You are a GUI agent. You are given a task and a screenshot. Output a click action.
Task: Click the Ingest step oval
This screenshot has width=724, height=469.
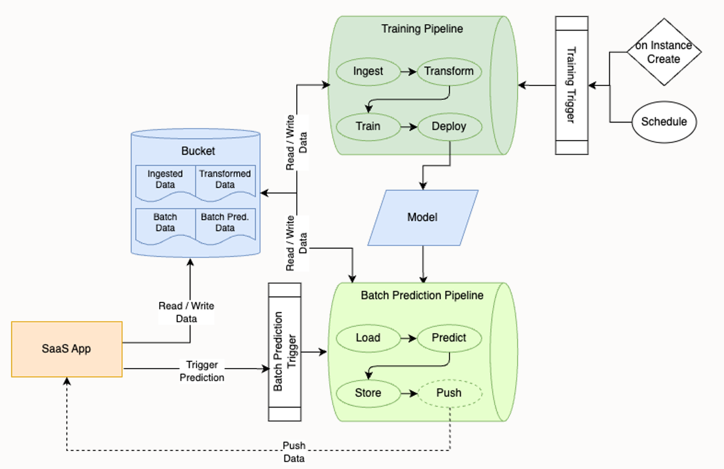point(368,71)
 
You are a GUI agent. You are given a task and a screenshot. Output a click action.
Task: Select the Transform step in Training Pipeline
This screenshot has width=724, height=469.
point(449,71)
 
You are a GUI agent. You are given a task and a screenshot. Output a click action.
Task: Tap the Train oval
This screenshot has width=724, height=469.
point(368,126)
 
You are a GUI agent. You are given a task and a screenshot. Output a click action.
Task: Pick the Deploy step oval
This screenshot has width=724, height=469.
point(449,126)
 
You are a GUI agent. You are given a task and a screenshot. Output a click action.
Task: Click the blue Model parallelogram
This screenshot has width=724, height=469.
point(423,218)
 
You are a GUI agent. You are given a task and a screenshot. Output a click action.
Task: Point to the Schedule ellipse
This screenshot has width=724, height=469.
point(664,121)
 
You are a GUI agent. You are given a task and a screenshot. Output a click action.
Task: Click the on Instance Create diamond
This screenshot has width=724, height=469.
point(663,52)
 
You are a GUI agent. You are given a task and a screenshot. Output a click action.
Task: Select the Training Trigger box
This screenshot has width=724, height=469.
point(571,85)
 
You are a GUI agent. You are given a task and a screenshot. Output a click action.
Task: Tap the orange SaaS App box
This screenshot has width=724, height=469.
point(67,349)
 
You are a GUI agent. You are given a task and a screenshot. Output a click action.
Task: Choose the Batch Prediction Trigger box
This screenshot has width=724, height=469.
point(285,352)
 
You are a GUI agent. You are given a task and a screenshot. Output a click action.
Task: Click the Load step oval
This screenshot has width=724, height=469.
point(368,337)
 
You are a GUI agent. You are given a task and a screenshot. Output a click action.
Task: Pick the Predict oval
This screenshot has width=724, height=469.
point(449,337)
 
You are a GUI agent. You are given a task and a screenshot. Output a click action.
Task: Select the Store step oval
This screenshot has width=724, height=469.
point(368,393)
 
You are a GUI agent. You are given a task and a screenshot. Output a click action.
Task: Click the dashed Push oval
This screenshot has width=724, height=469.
point(449,393)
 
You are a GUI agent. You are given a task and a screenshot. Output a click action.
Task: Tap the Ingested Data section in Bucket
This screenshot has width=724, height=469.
point(165,180)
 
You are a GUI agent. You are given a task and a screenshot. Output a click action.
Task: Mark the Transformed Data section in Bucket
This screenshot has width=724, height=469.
point(225,180)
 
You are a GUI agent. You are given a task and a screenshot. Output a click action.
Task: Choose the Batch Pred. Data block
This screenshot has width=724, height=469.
point(225,223)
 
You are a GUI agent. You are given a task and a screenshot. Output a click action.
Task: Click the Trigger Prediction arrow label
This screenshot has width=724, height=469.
point(202,372)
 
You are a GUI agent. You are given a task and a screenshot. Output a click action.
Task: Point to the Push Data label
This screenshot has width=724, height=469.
point(294,452)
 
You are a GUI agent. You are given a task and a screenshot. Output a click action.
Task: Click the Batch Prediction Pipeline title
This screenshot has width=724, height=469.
point(422,295)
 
